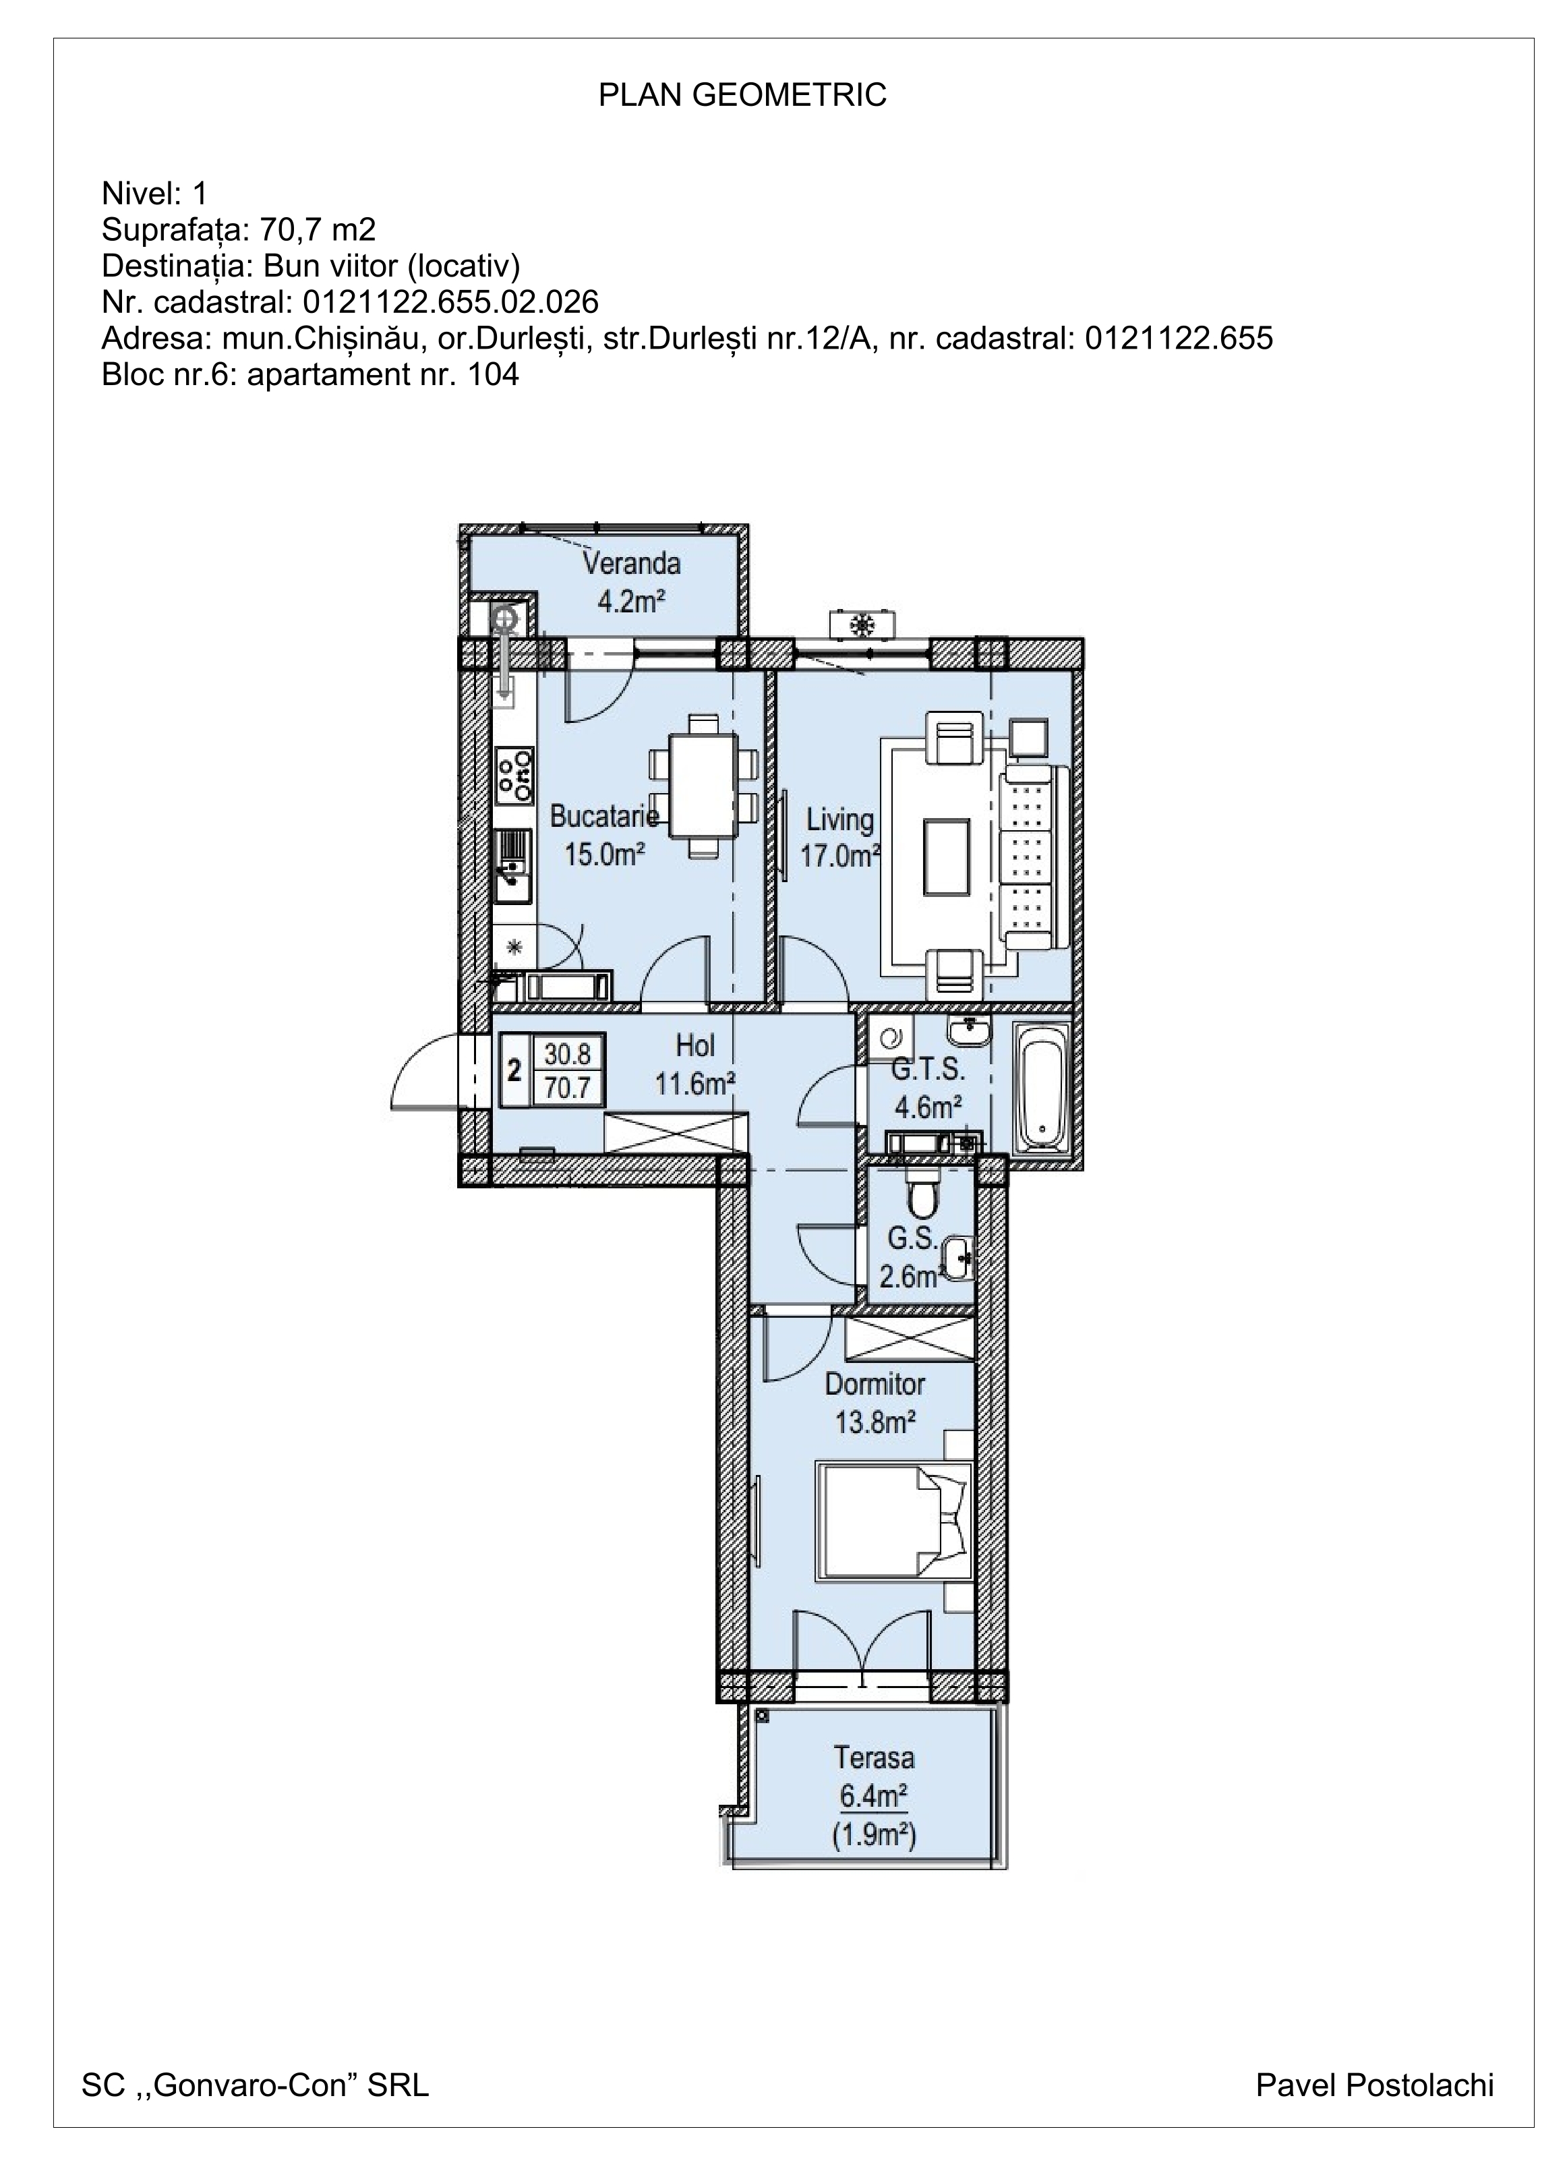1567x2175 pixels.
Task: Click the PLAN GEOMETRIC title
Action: pos(742,95)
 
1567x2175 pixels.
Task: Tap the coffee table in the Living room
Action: pos(947,857)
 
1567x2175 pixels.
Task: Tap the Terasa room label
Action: pos(874,1757)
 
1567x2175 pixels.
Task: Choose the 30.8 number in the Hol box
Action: pos(567,1054)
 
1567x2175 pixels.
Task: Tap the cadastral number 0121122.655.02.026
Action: pos(450,302)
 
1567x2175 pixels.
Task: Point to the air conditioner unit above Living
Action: pos(864,625)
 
